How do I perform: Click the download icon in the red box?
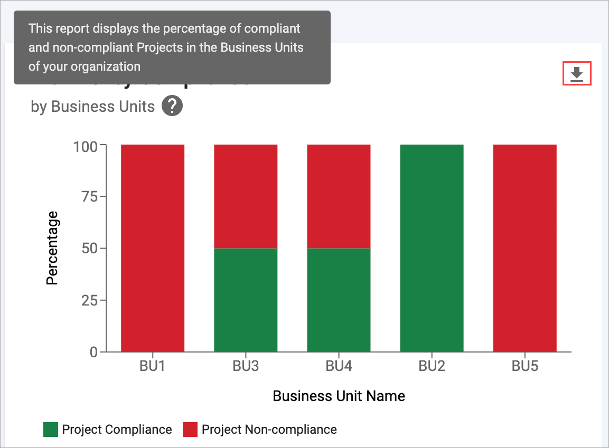[x=577, y=74]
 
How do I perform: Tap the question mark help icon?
[x=172, y=107]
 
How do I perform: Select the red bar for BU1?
[x=153, y=248]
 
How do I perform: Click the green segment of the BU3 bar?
[x=246, y=300]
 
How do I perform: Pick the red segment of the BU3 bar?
[x=246, y=196]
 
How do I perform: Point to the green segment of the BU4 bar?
[x=339, y=300]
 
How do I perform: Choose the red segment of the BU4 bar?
[x=339, y=196]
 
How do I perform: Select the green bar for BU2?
[x=432, y=248]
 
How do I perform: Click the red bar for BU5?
[x=524, y=248]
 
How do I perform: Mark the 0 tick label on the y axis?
[x=93, y=352]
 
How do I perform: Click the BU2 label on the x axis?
[x=432, y=366]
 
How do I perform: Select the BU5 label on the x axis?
[x=524, y=366]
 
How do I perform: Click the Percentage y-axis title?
[x=52, y=248]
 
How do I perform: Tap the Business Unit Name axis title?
[x=339, y=396]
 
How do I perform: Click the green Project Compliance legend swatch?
[x=51, y=430]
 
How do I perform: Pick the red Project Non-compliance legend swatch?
[x=190, y=430]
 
